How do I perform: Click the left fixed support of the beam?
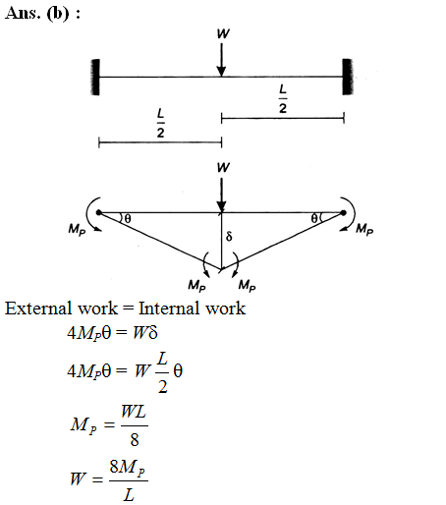95,77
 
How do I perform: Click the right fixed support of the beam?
348,77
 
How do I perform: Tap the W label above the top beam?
223,33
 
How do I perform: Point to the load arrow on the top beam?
222,60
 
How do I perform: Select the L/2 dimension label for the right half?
283,98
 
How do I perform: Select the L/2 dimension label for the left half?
160,123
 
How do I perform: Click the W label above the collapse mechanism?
223,167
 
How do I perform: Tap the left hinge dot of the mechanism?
99,213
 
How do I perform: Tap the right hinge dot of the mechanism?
343,213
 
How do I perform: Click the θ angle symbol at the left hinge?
128,218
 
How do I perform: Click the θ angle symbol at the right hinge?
313,218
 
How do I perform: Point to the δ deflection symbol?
229,236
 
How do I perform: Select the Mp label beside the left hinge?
77,229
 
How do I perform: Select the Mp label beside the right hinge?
364,229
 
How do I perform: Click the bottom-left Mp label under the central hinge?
196,285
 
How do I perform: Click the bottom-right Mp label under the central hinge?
247,285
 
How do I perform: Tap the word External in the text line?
38,309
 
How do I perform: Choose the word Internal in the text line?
168,309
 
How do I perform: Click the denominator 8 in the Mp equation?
135,439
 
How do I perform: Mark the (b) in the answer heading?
58,14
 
